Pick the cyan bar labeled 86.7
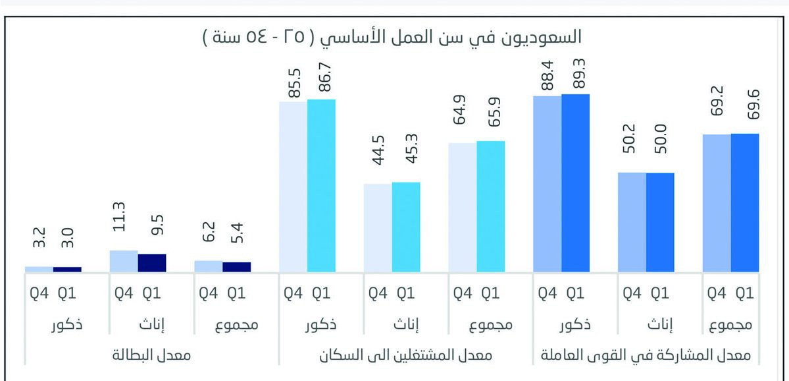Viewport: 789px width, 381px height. [x=322, y=185]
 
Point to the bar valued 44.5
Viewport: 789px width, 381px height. [x=378, y=227]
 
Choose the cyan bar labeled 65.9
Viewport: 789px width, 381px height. [x=491, y=206]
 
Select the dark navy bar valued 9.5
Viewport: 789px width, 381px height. [x=152, y=263]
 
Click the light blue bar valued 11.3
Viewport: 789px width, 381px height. [x=124, y=261]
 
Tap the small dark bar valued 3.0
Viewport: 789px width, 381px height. [x=67, y=269]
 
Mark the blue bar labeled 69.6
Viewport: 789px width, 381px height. [x=745, y=202]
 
